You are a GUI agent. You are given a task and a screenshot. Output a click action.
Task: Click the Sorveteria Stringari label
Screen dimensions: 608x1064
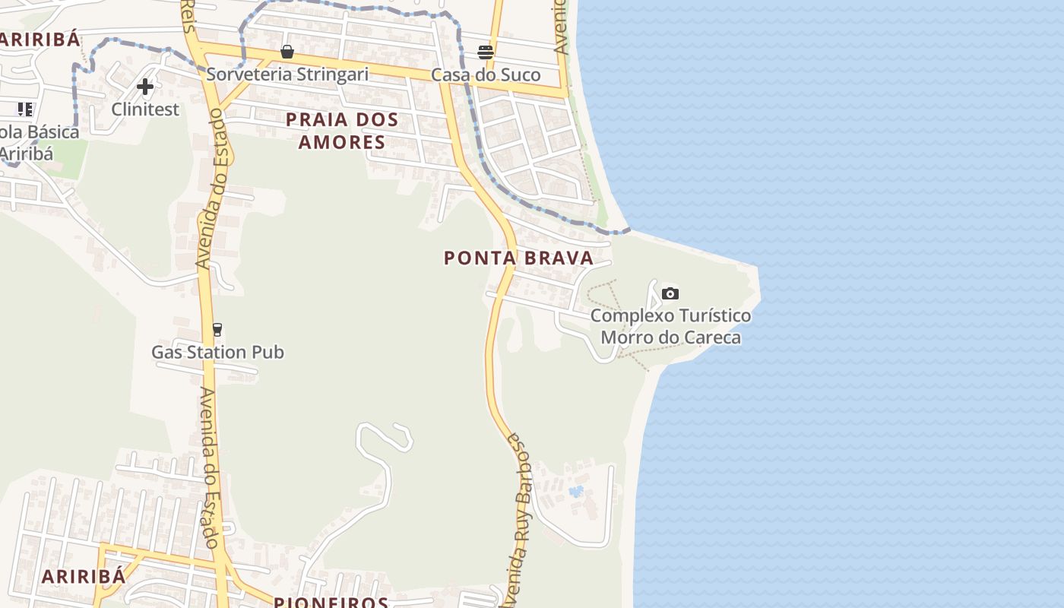287,74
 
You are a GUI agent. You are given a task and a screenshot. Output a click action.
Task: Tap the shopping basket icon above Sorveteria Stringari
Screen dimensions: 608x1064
287,52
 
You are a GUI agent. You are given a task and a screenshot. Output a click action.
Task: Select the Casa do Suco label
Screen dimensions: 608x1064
486,74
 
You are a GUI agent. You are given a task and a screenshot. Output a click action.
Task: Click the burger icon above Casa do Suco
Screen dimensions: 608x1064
486,52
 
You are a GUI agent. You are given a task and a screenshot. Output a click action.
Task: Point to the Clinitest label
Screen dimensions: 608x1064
145,109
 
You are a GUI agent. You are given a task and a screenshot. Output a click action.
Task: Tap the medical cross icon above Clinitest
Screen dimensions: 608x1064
145,87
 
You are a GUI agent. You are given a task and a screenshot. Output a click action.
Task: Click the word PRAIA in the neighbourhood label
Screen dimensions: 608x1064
318,119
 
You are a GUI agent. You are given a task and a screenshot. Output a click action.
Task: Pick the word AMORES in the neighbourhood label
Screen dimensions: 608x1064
342,142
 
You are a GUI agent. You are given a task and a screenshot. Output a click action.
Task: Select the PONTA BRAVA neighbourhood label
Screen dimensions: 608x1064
518,258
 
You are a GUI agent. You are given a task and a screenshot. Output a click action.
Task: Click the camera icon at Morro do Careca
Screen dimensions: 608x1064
670,293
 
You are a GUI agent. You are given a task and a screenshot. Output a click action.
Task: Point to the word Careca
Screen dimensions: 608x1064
711,337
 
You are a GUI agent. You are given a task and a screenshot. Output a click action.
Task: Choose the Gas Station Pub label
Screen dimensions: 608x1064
217,352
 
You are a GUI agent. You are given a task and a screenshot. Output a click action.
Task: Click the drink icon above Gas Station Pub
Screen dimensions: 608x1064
217,329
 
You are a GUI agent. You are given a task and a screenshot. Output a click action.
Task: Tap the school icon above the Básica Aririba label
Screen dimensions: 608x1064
25,109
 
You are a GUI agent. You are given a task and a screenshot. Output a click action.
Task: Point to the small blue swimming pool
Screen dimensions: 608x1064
577,492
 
